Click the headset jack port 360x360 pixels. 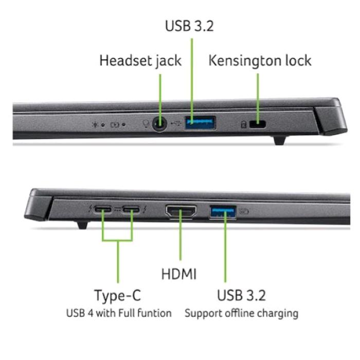160,124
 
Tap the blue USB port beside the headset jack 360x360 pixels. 200,123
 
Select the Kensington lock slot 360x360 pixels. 257,124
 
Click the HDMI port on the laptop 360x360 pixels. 181,211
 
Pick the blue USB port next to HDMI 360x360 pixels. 223,212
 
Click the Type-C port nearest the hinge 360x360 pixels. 103,209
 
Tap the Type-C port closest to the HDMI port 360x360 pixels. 131,210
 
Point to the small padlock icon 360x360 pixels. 243,124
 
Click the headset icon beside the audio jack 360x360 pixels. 146,124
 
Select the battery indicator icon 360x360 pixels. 115,125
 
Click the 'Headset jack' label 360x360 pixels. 140,61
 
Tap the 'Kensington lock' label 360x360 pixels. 260,61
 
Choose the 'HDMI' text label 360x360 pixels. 179,274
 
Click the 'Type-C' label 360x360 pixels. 117,296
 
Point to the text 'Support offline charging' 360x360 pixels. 242,313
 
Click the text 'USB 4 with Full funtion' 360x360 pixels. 119,313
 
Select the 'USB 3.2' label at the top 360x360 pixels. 189,26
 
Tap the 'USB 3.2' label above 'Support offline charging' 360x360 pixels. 242,295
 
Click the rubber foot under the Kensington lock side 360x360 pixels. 280,140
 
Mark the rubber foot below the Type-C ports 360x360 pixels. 82,225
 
